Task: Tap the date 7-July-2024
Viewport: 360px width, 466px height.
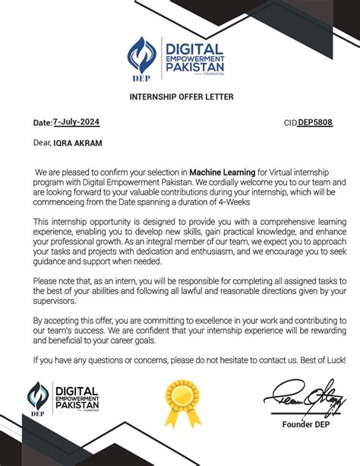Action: point(76,122)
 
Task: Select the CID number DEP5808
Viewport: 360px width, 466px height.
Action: point(314,122)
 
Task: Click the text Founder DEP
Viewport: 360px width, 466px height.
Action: point(308,423)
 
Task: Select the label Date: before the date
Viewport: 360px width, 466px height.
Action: point(42,122)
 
